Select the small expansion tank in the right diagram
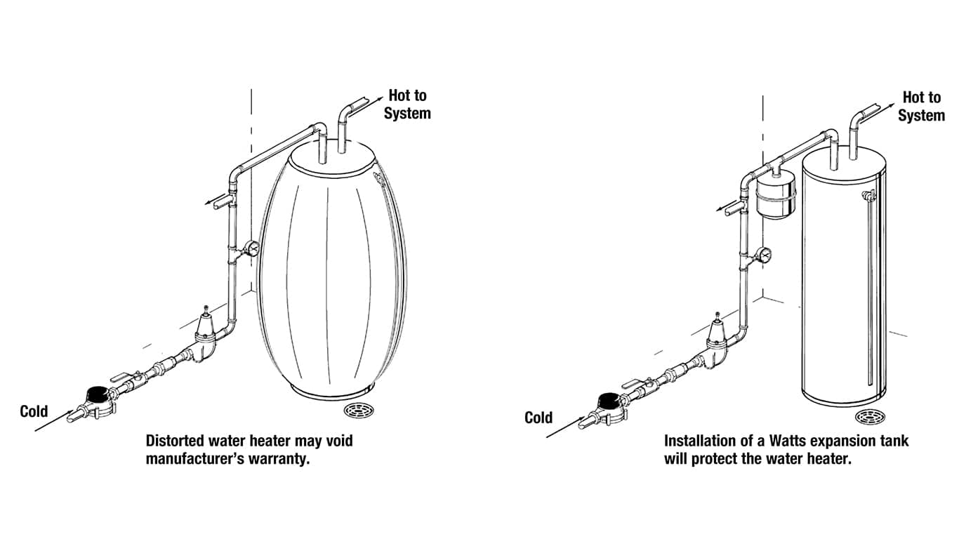[x=776, y=197]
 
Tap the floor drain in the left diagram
[x=359, y=410]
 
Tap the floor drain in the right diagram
[x=870, y=416]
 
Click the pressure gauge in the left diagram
[x=251, y=248]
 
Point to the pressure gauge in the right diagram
[x=764, y=254]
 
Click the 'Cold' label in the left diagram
[x=34, y=411]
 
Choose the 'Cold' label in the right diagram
[x=538, y=418]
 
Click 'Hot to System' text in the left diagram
[x=407, y=104]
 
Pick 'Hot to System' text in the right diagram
[x=921, y=106]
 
